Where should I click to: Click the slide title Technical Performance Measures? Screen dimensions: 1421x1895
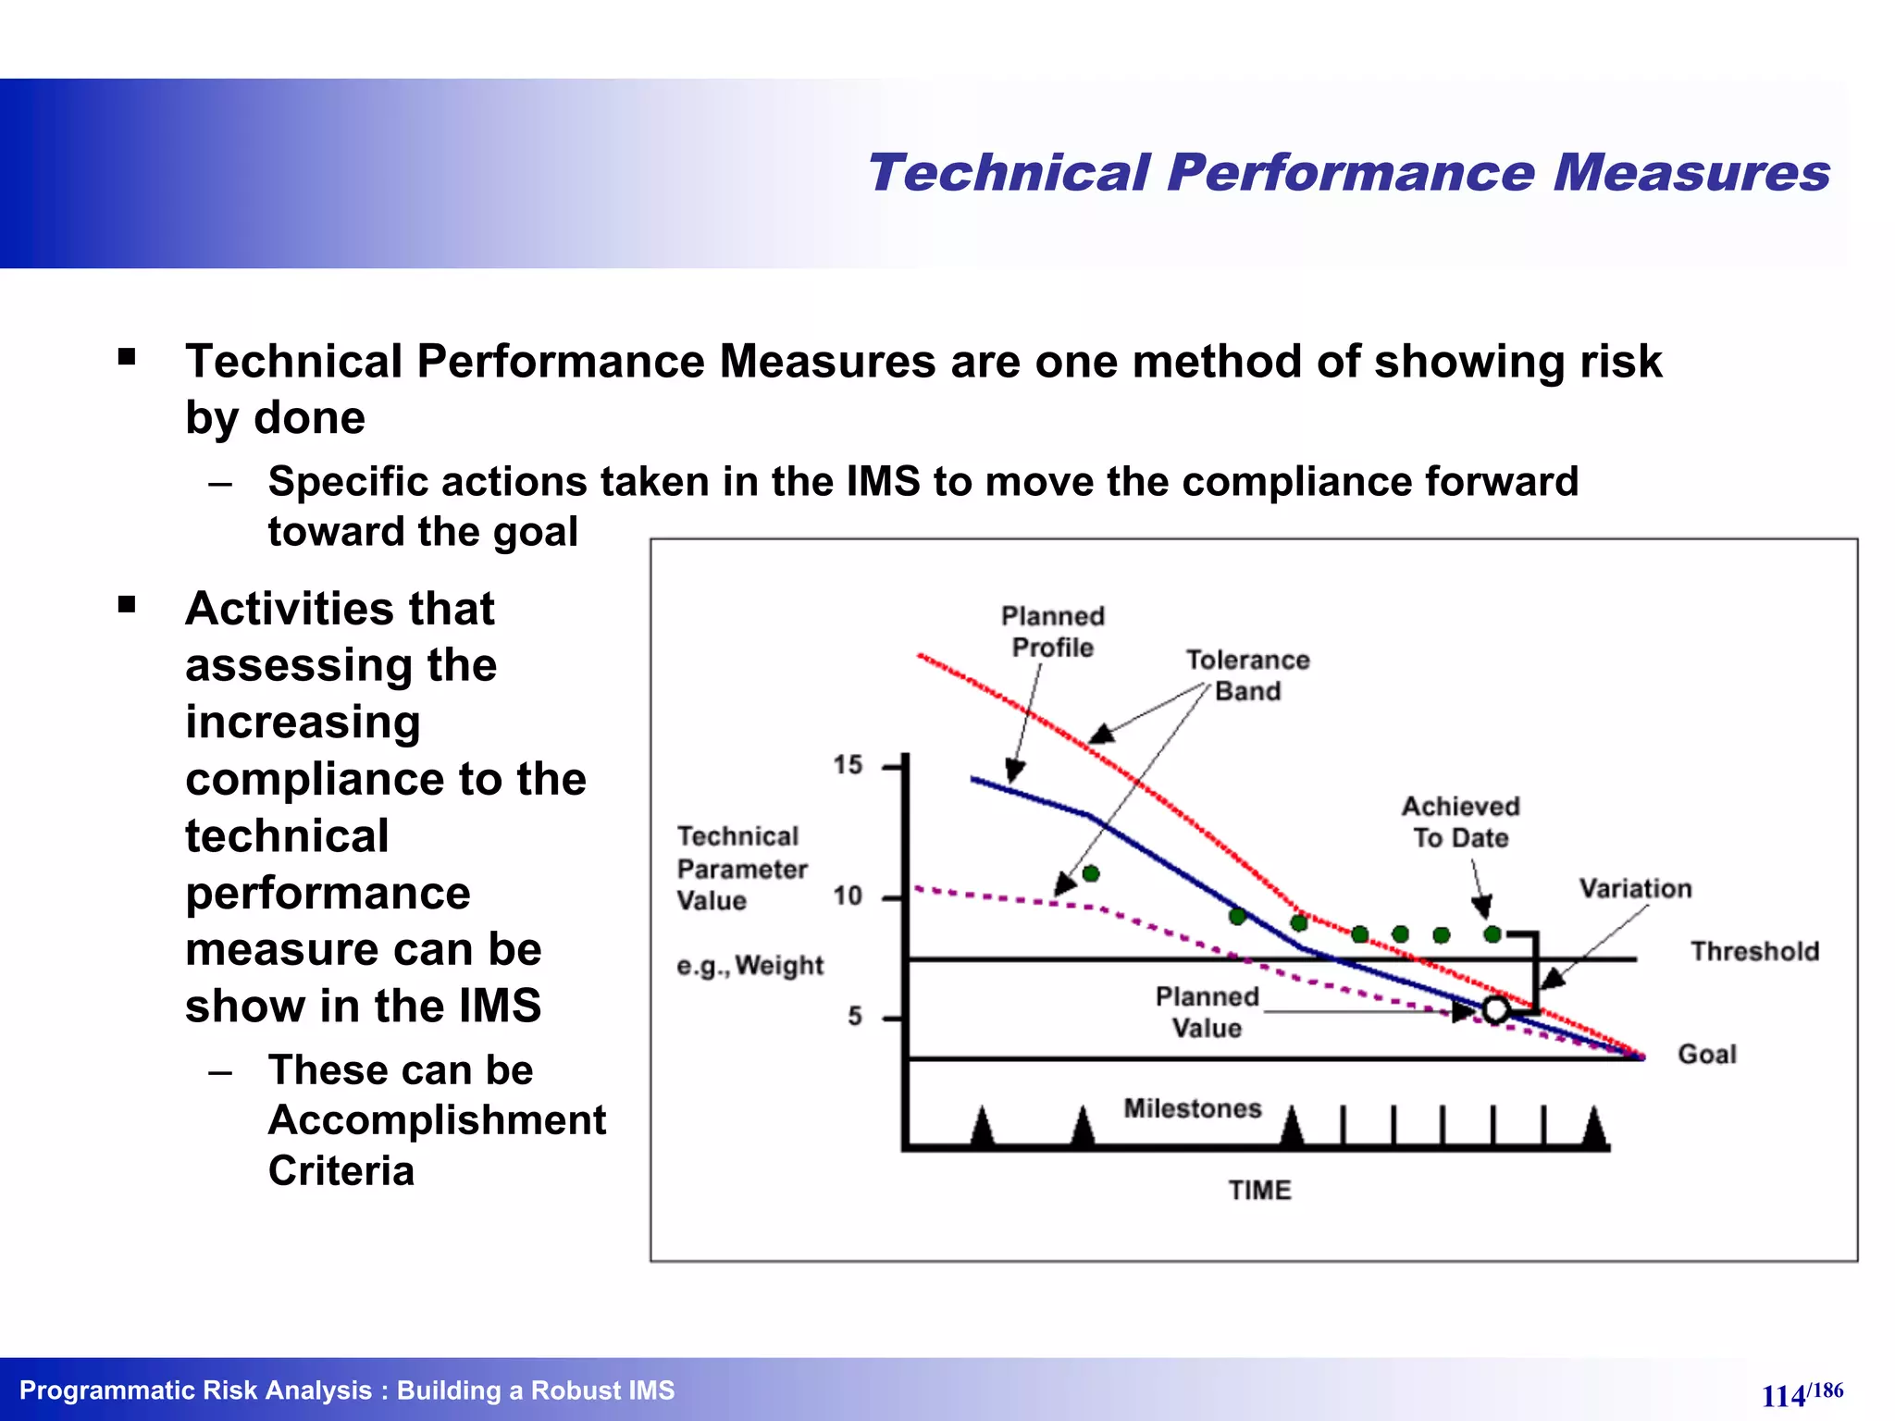point(1347,173)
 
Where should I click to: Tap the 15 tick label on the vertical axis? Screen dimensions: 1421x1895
point(847,765)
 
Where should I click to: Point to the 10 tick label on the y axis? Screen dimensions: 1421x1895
point(847,896)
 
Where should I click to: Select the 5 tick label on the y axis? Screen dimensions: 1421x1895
point(854,1017)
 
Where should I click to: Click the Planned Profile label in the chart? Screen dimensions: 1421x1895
point(1053,632)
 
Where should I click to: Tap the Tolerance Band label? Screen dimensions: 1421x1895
point(1247,675)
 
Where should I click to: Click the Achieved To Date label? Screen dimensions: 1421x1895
point(1460,822)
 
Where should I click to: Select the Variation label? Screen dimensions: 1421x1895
point(1635,889)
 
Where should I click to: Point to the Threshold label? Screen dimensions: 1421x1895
point(1754,951)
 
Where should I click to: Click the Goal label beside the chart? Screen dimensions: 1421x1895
point(1706,1055)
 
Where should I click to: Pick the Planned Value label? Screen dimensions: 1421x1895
point(1207,1012)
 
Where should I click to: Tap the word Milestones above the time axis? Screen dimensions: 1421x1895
point(1192,1108)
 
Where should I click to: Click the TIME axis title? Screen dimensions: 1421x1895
point(1259,1190)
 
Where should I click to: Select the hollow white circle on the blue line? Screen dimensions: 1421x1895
point(1496,1010)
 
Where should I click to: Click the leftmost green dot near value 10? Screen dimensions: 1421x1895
point(1091,873)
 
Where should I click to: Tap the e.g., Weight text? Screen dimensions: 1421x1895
point(749,966)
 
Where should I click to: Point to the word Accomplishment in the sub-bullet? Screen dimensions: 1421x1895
point(437,1120)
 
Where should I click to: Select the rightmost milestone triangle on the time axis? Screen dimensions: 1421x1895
point(1594,1129)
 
